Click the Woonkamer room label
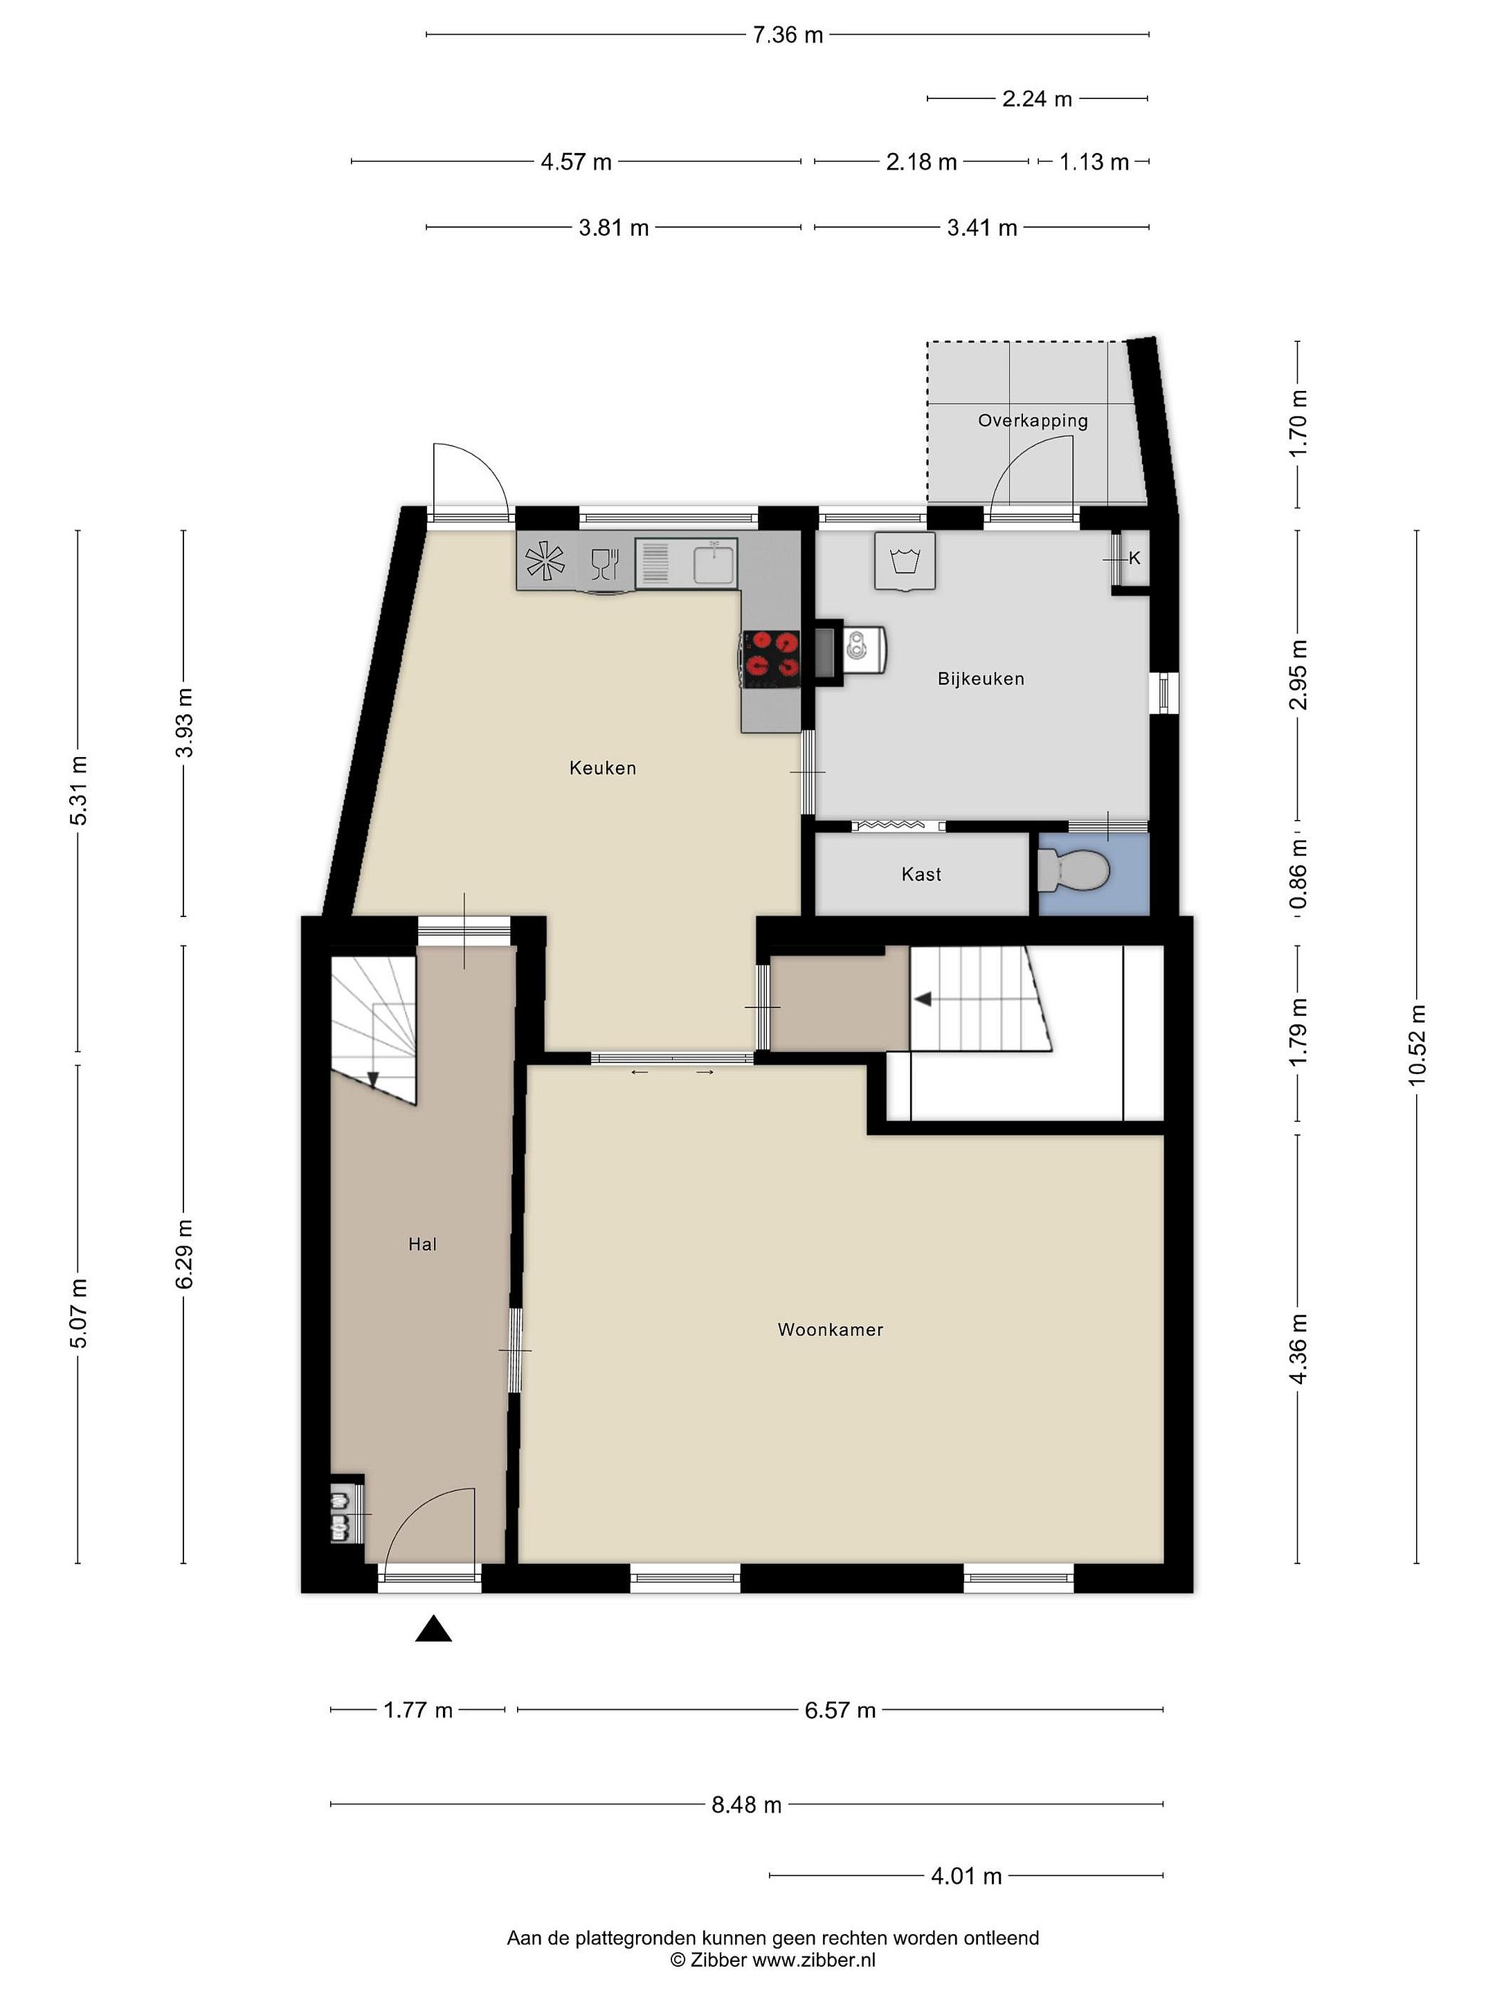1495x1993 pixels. (x=830, y=1330)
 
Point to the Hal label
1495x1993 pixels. (x=423, y=1244)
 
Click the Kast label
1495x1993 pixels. (x=921, y=874)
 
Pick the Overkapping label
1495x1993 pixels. (x=1033, y=421)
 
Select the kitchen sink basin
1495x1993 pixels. (x=716, y=564)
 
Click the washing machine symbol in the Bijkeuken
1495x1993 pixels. (x=905, y=561)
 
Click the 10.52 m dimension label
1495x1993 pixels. (x=1417, y=1045)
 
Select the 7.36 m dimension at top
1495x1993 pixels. (x=788, y=35)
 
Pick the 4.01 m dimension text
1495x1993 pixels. (x=966, y=1876)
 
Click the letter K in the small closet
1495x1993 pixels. (x=1134, y=558)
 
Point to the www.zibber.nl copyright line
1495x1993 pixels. (x=773, y=1960)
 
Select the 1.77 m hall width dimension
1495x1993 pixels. (x=418, y=1710)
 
